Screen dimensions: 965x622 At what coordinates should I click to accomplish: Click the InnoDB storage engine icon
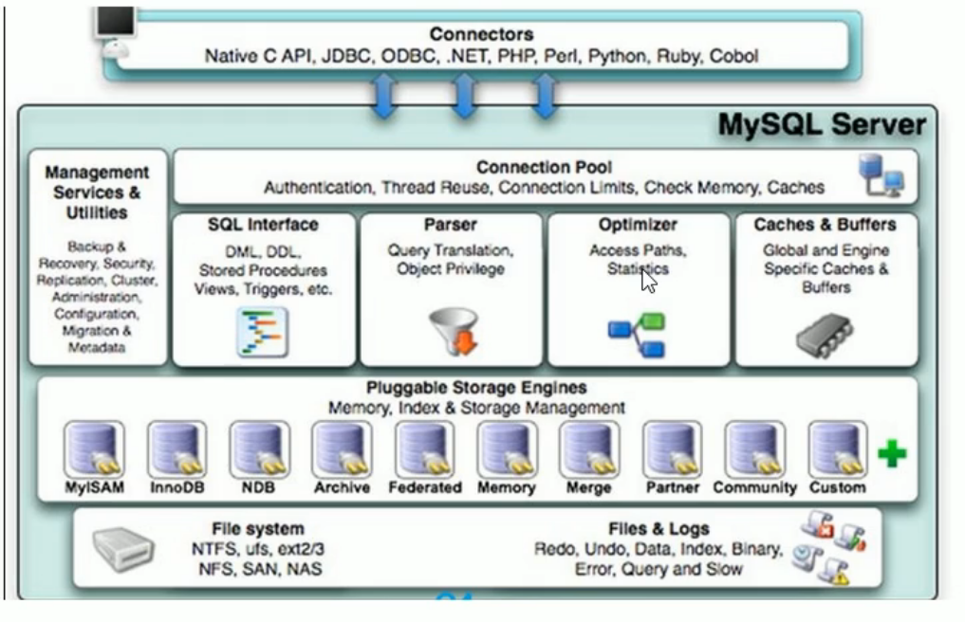click(177, 449)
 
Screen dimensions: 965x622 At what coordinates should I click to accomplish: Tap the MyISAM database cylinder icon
click(94, 449)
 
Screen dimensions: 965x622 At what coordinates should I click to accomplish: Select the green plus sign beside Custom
click(892, 454)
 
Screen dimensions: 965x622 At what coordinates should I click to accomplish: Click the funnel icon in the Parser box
click(455, 332)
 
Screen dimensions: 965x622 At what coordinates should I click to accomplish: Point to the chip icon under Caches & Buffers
click(825, 336)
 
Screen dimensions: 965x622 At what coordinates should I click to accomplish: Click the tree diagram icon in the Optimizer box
click(637, 335)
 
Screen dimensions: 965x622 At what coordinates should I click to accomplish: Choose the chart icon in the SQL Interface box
click(263, 333)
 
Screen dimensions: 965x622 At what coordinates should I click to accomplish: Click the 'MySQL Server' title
click(822, 125)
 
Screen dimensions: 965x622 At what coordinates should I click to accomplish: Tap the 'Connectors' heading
click(481, 34)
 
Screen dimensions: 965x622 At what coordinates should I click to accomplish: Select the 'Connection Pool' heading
click(544, 167)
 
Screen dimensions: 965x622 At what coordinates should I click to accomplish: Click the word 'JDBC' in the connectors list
click(346, 56)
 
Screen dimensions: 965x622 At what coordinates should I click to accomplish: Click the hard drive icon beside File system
click(123, 549)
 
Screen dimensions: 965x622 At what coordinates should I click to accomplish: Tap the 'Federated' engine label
click(425, 487)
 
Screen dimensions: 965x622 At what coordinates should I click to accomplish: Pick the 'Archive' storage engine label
click(343, 487)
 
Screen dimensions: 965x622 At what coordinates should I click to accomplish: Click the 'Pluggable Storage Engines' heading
click(476, 388)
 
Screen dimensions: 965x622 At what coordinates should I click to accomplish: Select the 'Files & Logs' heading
click(659, 528)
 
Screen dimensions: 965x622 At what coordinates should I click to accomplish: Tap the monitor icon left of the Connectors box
click(115, 23)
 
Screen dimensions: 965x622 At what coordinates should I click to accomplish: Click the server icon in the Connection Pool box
click(881, 175)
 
